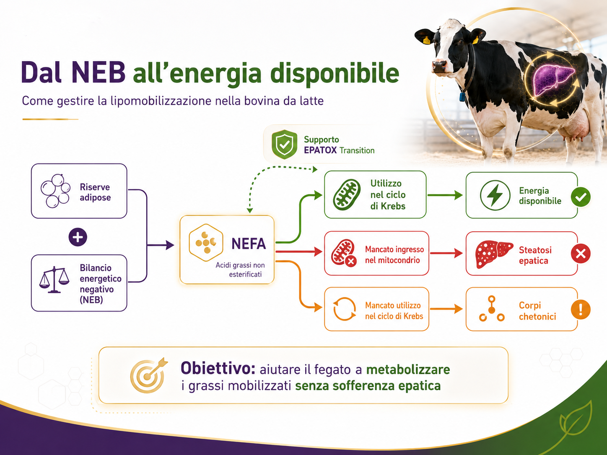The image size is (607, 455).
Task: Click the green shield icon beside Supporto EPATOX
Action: pyautogui.click(x=284, y=144)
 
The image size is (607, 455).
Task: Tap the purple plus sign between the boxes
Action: pyautogui.click(x=78, y=237)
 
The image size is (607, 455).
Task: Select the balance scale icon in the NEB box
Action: pyautogui.click(x=54, y=279)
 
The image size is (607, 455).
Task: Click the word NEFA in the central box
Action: pyautogui.click(x=248, y=244)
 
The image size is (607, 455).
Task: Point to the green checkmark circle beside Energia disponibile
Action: pyautogui.click(x=581, y=196)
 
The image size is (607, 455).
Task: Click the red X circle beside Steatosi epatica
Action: pyautogui.click(x=581, y=253)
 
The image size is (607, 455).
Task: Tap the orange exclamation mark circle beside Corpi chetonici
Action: pyautogui.click(x=581, y=310)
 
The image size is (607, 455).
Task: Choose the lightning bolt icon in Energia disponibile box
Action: pyautogui.click(x=495, y=195)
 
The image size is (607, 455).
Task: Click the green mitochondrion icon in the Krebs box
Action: pyautogui.click(x=347, y=195)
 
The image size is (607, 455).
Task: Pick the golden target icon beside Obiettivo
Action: pyautogui.click(x=149, y=375)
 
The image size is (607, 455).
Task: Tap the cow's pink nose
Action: pyautogui.click(x=439, y=66)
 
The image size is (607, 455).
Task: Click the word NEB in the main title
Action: pyautogui.click(x=98, y=72)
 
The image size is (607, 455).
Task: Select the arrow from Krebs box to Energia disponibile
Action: pyautogui.click(x=445, y=195)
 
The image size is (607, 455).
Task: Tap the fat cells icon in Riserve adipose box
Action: pyautogui.click(x=55, y=191)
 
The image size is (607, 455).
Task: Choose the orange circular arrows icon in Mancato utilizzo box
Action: pyautogui.click(x=344, y=309)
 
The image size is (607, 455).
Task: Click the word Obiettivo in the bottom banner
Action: pyautogui.click(x=218, y=368)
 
